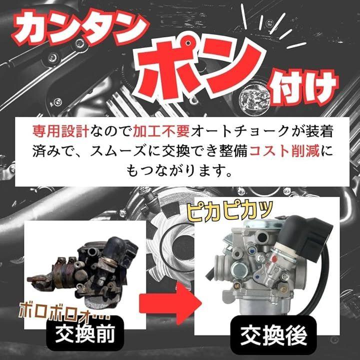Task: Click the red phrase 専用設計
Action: pos(60,131)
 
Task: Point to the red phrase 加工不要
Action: pos(161,131)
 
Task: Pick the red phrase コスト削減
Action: pos(284,151)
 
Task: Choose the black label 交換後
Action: pos(273,335)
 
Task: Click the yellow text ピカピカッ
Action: pos(229,211)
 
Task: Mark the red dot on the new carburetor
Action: pos(274,258)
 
